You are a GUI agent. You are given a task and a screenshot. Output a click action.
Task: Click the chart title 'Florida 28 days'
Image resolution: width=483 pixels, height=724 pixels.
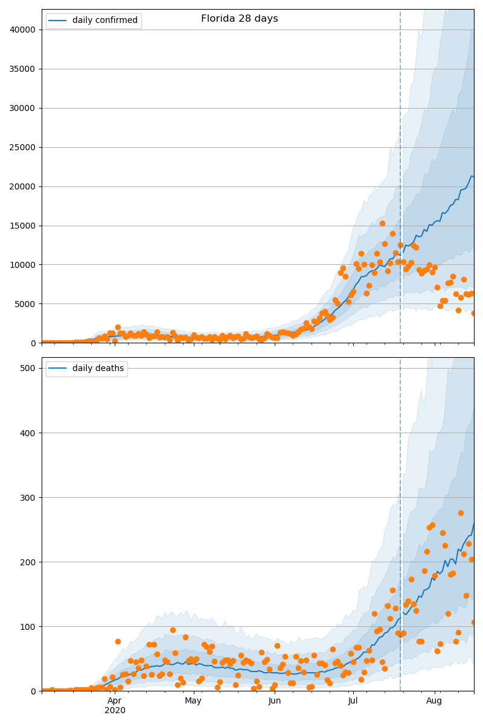(240, 19)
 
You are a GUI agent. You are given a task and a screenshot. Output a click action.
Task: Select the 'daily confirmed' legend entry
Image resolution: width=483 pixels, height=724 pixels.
(94, 21)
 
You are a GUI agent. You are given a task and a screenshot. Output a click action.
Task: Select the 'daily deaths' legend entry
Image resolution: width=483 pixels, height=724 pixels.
(87, 369)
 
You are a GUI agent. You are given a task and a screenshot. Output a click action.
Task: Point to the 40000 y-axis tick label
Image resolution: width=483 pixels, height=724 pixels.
(22, 30)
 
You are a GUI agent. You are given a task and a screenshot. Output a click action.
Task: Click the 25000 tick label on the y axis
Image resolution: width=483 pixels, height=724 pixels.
(22, 147)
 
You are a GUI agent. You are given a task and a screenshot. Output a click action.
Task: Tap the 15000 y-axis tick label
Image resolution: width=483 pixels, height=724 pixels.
(22, 226)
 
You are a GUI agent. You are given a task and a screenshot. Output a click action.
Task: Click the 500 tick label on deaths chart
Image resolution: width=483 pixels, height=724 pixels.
(28, 368)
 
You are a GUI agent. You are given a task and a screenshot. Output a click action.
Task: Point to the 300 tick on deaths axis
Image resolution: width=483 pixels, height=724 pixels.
(28, 497)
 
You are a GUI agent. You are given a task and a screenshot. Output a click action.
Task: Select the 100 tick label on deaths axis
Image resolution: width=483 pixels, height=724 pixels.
(28, 627)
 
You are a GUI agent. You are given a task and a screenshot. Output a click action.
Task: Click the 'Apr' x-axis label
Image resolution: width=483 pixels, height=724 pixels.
(115, 700)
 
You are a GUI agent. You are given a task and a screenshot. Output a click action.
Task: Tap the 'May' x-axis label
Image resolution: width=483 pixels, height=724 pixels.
(193, 700)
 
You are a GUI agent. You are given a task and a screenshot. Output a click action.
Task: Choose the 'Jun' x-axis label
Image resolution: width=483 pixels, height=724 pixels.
(274, 700)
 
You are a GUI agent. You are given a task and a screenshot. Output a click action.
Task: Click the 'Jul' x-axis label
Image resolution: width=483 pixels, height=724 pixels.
(353, 700)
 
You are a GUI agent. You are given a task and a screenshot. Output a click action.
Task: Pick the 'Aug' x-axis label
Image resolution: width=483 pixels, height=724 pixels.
(434, 700)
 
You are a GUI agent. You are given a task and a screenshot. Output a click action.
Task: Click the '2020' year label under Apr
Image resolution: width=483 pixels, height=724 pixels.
(115, 710)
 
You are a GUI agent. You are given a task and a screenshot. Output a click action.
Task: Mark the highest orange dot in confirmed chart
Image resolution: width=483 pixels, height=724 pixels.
(382, 223)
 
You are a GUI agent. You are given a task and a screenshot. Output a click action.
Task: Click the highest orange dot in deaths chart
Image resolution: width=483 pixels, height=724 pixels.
(461, 513)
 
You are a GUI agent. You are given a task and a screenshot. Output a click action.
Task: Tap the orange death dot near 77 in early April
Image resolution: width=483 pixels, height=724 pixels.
(118, 641)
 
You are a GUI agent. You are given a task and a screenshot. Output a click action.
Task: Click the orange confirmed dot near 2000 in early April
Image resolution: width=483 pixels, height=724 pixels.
(118, 328)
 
